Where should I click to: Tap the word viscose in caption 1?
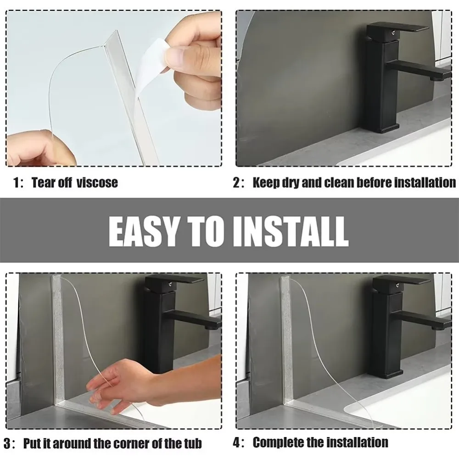point(97,182)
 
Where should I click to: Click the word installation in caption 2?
point(419,183)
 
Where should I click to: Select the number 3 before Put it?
point(8,443)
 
